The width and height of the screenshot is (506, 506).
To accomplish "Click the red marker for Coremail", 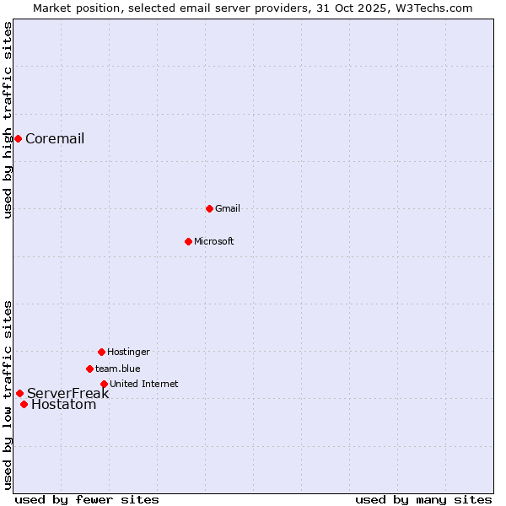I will pos(18,138).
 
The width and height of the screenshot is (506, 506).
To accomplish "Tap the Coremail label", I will pos(55,139).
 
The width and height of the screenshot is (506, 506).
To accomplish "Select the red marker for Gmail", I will pos(209,208).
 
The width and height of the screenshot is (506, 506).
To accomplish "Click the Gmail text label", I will pos(228,208).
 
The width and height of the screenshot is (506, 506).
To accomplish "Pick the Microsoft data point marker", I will pos(188,241).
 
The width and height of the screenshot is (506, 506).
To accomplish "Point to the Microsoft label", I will pos(214,241).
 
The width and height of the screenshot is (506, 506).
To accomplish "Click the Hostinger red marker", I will pos(101,352).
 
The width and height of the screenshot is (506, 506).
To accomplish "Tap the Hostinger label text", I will pos(128,352).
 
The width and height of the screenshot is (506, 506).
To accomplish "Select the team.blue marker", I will pos(89,369).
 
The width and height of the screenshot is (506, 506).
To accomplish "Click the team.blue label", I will pos(118,369).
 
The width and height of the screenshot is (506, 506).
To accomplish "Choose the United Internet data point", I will pos(104,384).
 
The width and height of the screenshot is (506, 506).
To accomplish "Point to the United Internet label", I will pos(144,384).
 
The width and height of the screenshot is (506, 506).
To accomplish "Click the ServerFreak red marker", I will pos(19,393).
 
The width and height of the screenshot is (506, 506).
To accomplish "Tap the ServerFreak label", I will pos(68,394).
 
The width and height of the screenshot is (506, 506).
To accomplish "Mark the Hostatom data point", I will pos(24,404).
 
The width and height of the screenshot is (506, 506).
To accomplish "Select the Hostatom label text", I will pos(64,405).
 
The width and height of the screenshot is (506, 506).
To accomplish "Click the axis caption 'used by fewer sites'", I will pos(87,499).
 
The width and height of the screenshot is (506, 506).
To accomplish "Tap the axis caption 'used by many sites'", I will pos(423,499).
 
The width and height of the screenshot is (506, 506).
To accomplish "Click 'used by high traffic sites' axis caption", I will pos(8,120).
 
